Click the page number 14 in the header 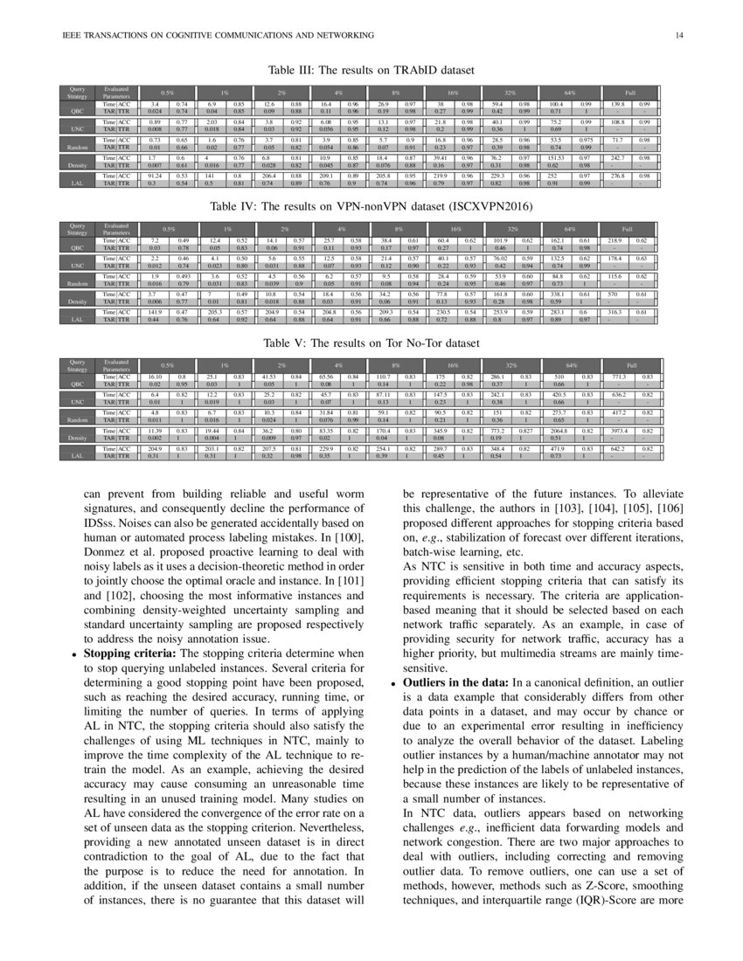(678, 35)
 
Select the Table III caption (371, 69)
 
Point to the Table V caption (371, 344)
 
